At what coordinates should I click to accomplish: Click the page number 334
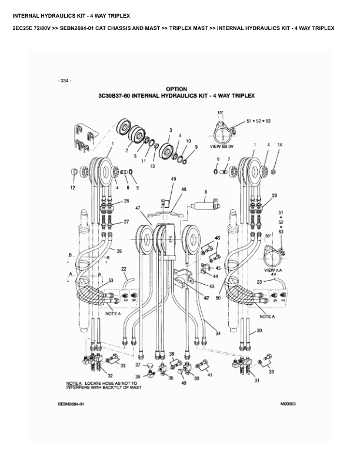(65, 80)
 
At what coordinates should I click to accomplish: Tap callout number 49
(174, 178)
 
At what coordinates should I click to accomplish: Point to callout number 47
(138, 208)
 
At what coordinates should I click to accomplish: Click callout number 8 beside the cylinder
(205, 192)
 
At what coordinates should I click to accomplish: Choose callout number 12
(73, 188)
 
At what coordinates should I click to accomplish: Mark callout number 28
(125, 201)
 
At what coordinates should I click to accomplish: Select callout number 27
(126, 222)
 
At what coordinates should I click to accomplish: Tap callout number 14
(279, 144)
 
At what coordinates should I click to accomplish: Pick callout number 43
(212, 285)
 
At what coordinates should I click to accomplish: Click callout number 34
(218, 334)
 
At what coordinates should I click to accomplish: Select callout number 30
(259, 332)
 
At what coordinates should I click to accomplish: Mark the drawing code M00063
(284, 404)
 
